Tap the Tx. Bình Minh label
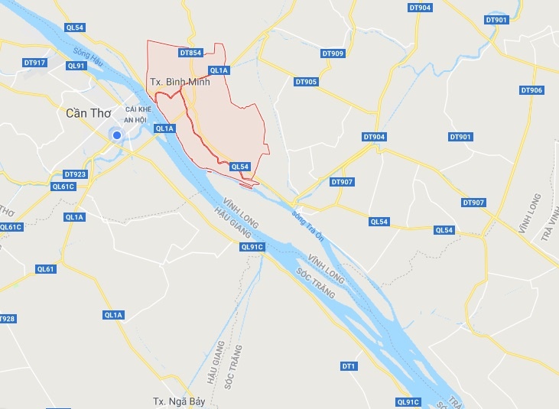click(180, 83)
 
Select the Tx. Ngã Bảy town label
click(177, 401)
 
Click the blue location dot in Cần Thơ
click(117, 135)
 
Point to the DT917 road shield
click(35, 63)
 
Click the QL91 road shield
click(76, 66)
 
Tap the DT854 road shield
click(190, 53)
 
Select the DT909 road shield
click(333, 54)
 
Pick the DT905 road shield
click(305, 82)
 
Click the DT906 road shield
click(531, 90)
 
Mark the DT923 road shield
click(76, 174)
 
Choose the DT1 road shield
click(349, 366)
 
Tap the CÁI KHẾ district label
click(149, 109)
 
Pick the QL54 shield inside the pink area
click(240, 167)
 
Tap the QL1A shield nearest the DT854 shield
click(219, 70)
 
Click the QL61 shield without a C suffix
click(46, 269)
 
